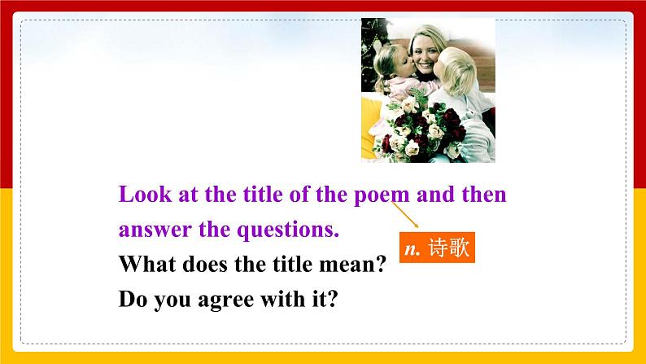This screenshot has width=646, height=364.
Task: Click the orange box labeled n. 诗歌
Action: [437, 247]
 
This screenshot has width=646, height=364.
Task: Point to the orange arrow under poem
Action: [405, 215]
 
